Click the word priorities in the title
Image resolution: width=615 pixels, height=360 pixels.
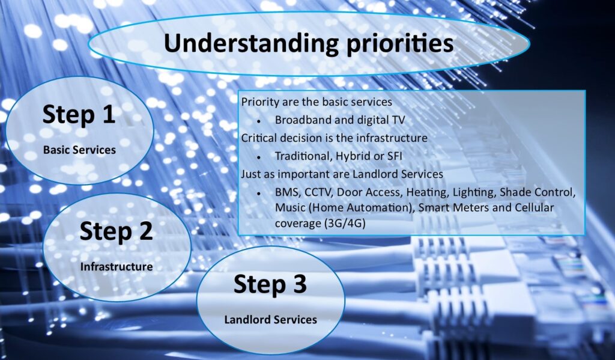tap(400, 44)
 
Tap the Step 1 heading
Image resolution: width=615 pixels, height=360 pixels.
tap(79, 115)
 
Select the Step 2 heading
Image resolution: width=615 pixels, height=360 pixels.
tap(116, 231)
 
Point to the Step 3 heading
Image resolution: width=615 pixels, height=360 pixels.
tap(270, 284)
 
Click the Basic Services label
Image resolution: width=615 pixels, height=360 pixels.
tap(80, 150)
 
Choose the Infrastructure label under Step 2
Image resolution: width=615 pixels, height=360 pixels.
tap(117, 267)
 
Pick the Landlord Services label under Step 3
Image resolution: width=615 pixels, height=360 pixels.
tap(271, 320)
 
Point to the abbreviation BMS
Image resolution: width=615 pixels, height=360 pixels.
tap(288, 193)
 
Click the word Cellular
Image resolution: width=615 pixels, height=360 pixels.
tap(534, 208)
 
